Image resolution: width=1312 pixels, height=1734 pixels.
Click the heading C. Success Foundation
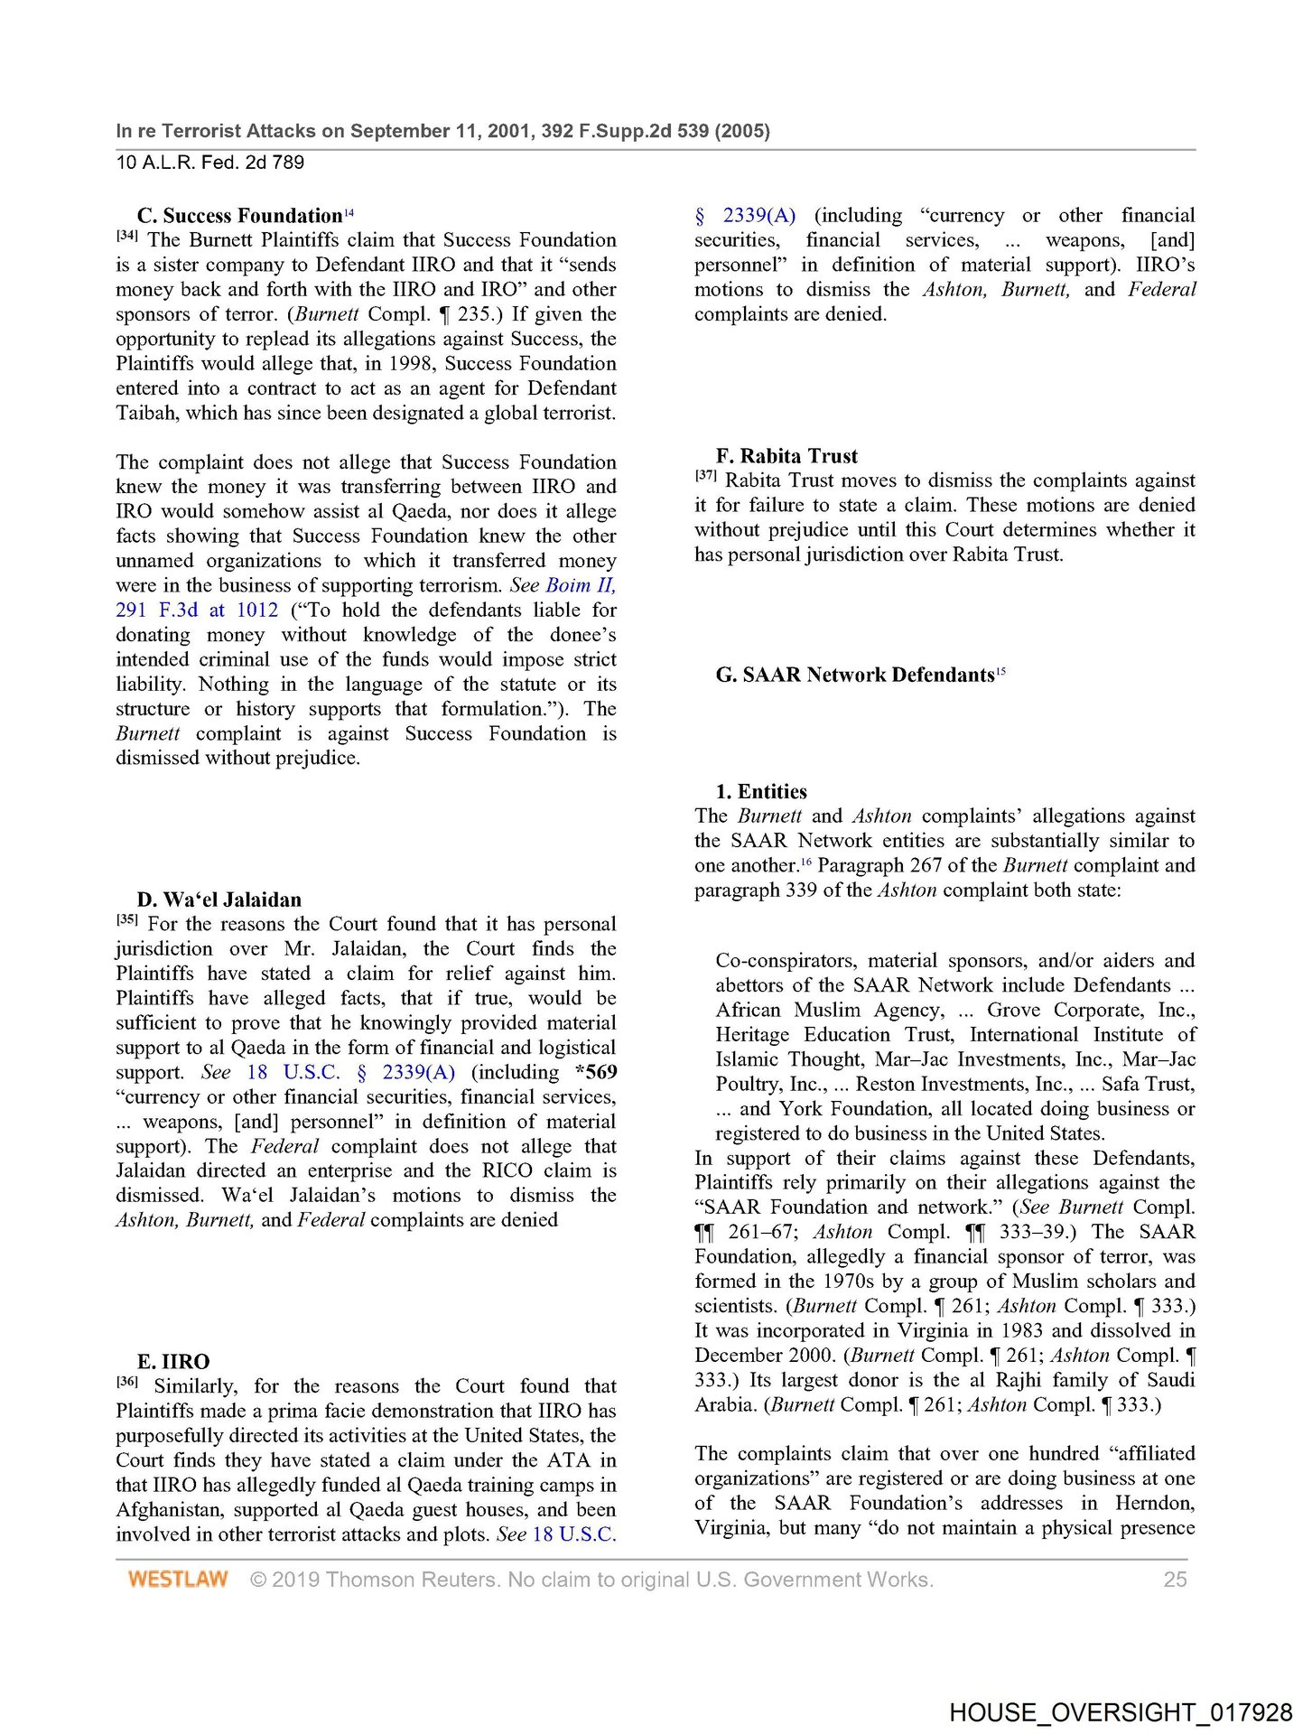pyautogui.click(x=239, y=216)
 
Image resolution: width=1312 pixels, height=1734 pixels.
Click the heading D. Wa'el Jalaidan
pyautogui.click(x=219, y=900)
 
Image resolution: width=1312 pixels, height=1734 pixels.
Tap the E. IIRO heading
pyautogui.click(x=172, y=1362)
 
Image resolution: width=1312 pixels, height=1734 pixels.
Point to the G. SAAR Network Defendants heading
pyautogui.click(x=854, y=676)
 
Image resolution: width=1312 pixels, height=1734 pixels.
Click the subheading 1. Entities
pyautogui.click(x=761, y=792)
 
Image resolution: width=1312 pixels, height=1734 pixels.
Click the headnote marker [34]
pyautogui.click(x=126, y=237)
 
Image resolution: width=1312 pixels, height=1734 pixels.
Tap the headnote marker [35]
pyautogui.click(x=126, y=920)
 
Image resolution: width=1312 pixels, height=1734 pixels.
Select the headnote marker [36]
pyautogui.click(x=126, y=1383)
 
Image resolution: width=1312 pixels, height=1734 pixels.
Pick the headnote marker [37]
pyautogui.click(x=705, y=477)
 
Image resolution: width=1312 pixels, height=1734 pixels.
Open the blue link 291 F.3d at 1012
pyautogui.click(x=197, y=611)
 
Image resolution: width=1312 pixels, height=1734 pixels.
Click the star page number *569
pyautogui.click(x=596, y=1072)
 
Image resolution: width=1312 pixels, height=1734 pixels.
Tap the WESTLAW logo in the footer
pyautogui.click(x=178, y=1580)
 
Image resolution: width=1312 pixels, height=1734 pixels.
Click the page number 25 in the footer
pyautogui.click(x=1175, y=1580)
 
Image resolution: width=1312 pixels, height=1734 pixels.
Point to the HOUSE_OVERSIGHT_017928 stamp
pyautogui.click(x=1120, y=1713)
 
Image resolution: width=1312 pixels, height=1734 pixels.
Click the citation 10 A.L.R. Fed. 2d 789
pyautogui.click(x=209, y=163)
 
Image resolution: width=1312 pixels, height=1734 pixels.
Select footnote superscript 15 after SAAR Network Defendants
pyautogui.click(x=1000, y=671)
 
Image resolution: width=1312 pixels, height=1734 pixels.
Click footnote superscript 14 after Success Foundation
pyautogui.click(x=349, y=212)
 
